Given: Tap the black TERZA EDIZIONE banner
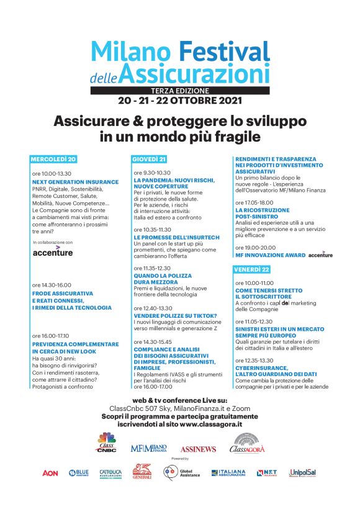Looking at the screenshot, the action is click(x=179, y=90).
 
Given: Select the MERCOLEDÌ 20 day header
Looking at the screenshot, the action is click(x=56, y=159).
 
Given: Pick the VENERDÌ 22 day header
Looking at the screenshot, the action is click(x=252, y=269).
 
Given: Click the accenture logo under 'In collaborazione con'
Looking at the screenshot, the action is click(x=52, y=252).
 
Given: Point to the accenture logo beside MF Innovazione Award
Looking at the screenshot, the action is click(x=320, y=254).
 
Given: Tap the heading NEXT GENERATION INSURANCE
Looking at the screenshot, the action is click(x=74, y=182).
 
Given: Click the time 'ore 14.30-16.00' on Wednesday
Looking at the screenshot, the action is click(x=52, y=285).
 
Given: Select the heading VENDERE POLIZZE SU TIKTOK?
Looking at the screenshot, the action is click(x=175, y=315).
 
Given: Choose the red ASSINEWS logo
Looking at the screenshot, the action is click(x=198, y=448).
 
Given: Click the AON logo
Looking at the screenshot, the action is click(x=50, y=473).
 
